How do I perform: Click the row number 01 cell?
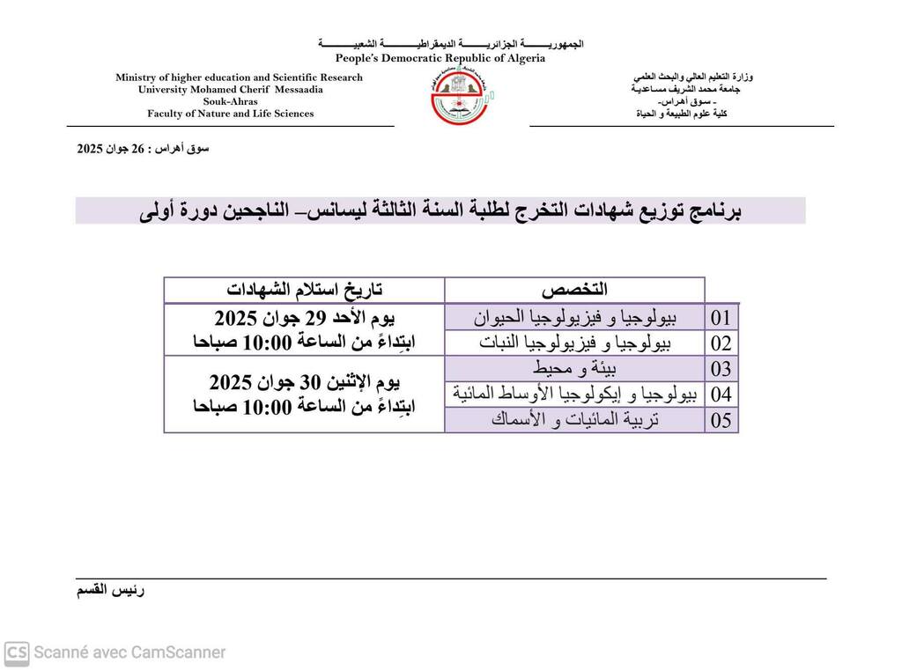(721, 317)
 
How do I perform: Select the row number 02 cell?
(721, 343)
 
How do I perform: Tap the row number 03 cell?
(721, 369)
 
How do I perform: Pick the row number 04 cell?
(721, 394)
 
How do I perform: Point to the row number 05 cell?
(721, 420)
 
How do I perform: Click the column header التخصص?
(574, 290)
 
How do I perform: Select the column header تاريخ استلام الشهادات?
(305, 290)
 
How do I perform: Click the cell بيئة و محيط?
(574, 368)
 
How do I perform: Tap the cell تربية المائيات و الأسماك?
(574, 420)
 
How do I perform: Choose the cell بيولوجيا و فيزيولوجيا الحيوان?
(574, 317)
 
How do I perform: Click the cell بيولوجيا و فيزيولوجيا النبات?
(574, 343)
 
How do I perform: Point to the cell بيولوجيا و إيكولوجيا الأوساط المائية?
(574, 394)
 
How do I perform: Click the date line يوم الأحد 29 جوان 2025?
(305, 318)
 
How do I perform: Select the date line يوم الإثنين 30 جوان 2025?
(305, 383)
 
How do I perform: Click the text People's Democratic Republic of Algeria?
(440, 58)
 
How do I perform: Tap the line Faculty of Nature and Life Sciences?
(231, 114)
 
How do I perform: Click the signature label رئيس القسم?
(111, 590)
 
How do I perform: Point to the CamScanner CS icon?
(17, 653)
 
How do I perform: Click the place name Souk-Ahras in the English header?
(231, 101)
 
